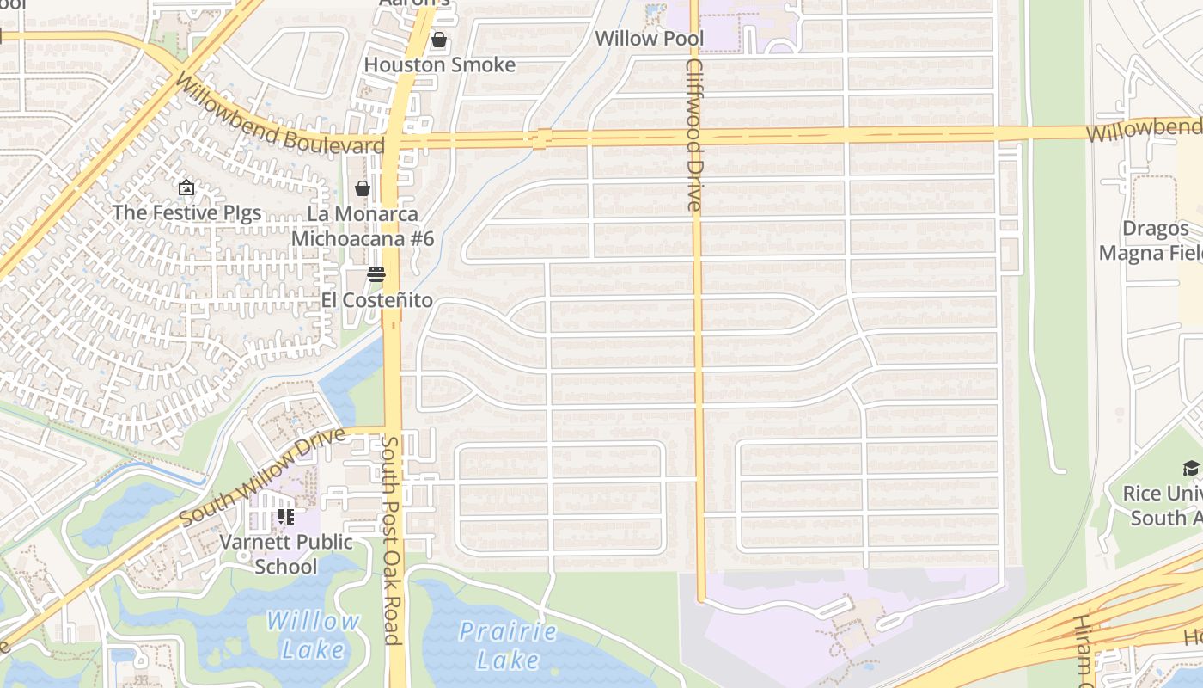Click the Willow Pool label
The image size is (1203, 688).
click(x=649, y=39)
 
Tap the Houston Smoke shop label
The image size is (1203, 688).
click(x=440, y=65)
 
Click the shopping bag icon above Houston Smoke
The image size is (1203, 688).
click(x=439, y=40)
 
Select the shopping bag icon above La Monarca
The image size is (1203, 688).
click(x=363, y=188)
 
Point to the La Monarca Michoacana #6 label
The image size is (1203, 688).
click(x=363, y=226)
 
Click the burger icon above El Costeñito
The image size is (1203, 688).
click(x=376, y=274)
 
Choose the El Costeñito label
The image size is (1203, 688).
click(x=376, y=300)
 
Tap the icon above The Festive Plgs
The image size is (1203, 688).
click(x=186, y=187)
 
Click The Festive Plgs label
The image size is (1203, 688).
click(x=186, y=212)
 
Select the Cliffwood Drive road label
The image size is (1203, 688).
click(x=694, y=135)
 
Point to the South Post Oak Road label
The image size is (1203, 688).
click(x=391, y=539)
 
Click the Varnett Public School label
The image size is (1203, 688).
click(x=286, y=554)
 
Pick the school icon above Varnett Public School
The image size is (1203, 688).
click(x=286, y=517)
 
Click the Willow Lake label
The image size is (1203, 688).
click(x=313, y=635)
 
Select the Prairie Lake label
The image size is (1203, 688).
click(x=508, y=645)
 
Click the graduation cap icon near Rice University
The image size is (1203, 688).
click(x=1191, y=468)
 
